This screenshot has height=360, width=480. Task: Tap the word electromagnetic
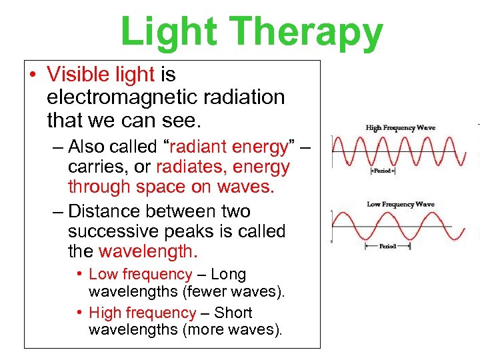(x=119, y=97)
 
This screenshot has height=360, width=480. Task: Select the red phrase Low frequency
(x=140, y=274)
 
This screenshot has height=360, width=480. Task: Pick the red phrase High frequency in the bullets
(x=142, y=313)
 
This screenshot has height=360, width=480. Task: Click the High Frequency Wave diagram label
(x=400, y=127)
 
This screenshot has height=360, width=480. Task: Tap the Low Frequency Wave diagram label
(x=401, y=204)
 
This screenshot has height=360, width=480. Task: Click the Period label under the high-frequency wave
(x=383, y=171)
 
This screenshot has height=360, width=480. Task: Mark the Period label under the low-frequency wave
(x=387, y=246)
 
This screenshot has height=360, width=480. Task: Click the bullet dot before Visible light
(x=33, y=74)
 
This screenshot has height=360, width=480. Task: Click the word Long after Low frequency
(x=228, y=274)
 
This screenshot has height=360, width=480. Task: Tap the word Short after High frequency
(x=233, y=313)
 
